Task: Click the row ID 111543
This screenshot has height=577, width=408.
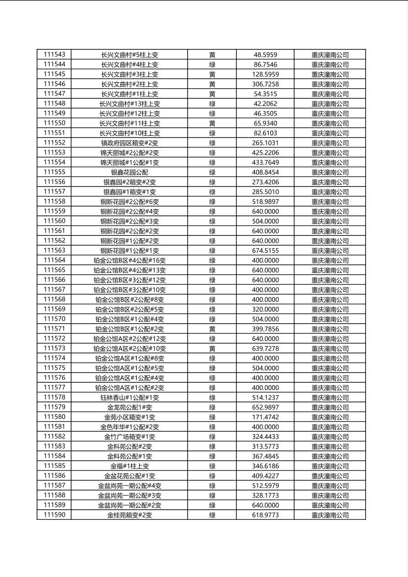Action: tap(54, 54)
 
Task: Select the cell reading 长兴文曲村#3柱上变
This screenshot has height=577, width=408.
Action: tap(129, 74)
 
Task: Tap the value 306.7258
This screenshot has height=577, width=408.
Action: tap(265, 84)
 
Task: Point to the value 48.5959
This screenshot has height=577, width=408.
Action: tap(265, 54)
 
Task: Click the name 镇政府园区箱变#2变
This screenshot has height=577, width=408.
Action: tap(129, 143)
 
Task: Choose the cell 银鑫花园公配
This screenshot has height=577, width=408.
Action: tap(129, 172)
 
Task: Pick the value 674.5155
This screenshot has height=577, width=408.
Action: tap(265, 251)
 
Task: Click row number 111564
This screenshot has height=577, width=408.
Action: tap(54, 260)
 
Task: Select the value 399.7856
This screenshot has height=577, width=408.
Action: tap(265, 329)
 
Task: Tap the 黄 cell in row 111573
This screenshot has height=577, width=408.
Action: tap(212, 348)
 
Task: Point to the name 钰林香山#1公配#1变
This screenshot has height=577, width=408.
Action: tap(129, 397)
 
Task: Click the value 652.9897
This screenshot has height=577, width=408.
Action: tap(265, 407)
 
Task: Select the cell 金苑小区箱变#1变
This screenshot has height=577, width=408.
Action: tap(129, 417)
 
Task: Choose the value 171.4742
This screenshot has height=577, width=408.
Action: tap(265, 417)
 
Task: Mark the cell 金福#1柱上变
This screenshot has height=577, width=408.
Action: tap(129, 466)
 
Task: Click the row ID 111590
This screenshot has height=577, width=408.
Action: tap(54, 515)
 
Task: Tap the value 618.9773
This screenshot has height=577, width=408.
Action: tap(265, 515)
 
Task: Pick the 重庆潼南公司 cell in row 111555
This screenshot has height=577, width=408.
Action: tap(330, 172)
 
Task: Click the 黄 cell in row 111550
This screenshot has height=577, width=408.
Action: tap(212, 123)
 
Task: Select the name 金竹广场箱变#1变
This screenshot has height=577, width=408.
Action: tap(129, 437)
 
